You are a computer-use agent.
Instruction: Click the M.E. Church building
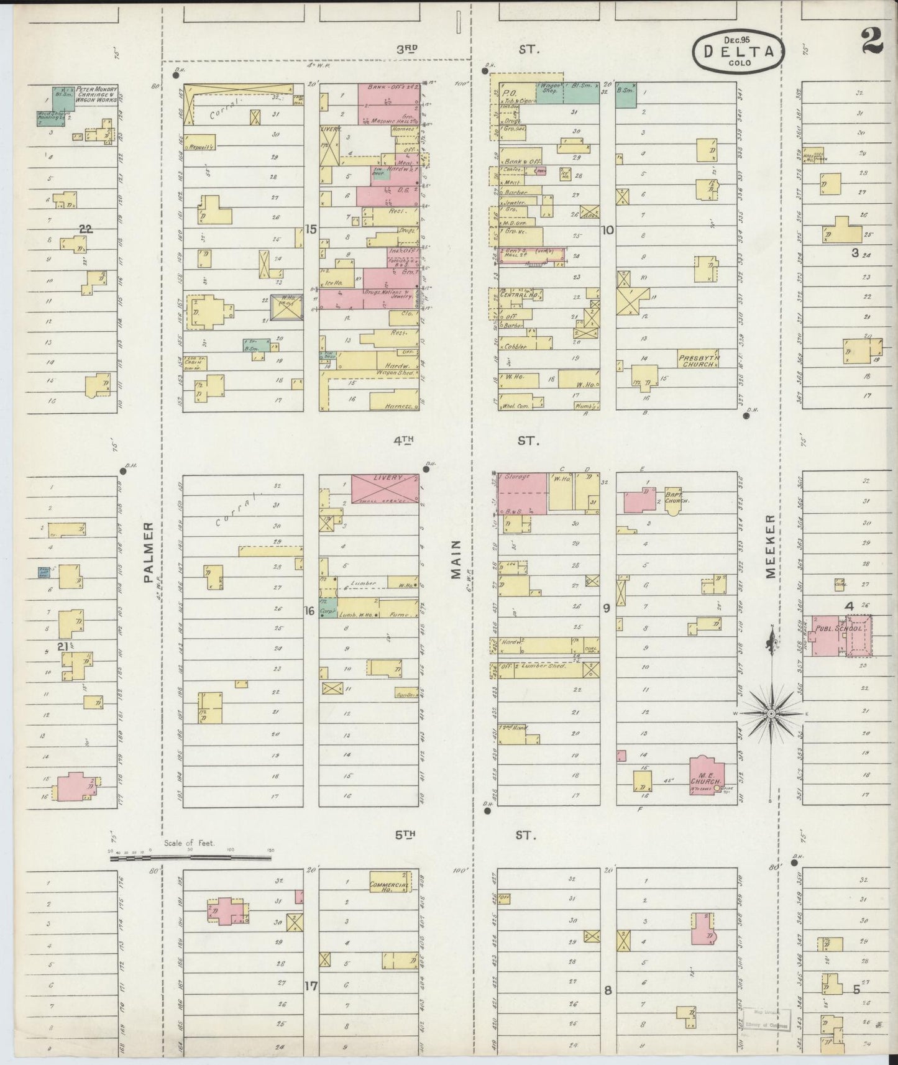click(705, 774)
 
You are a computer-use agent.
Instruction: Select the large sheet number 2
click(872, 42)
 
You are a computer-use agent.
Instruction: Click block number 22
click(85, 229)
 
